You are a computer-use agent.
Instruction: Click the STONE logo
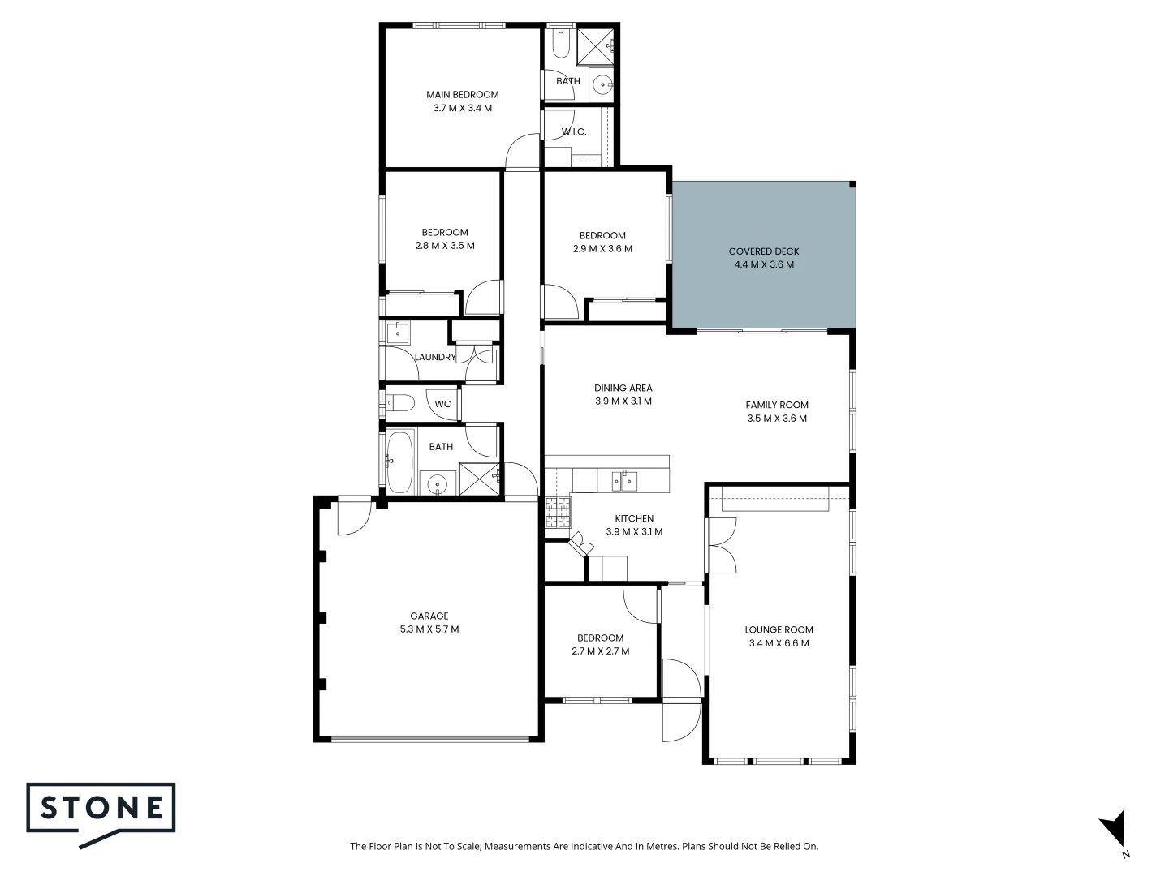(101, 814)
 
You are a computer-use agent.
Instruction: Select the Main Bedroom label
(462, 94)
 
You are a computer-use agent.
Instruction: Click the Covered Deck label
(763, 251)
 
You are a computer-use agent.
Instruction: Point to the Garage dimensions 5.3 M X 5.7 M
(429, 629)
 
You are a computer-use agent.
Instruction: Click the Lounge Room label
(779, 629)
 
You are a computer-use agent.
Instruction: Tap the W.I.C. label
(573, 131)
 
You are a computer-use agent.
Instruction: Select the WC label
(442, 404)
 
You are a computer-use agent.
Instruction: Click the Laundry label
(435, 357)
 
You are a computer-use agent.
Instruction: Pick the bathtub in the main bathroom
(399, 462)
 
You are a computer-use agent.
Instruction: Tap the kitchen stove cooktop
(558, 512)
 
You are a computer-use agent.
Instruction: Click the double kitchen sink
(623, 481)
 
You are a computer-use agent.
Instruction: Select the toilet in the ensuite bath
(560, 44)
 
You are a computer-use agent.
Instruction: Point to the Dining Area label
(623, 388)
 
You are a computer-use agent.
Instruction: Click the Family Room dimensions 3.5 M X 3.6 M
(777, 419)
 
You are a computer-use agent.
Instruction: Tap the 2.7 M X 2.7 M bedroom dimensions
(600, 651)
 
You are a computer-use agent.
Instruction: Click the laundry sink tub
(397, 332)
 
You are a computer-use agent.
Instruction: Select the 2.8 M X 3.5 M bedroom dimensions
(444, 246)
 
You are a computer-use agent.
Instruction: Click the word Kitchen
(633, 518)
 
